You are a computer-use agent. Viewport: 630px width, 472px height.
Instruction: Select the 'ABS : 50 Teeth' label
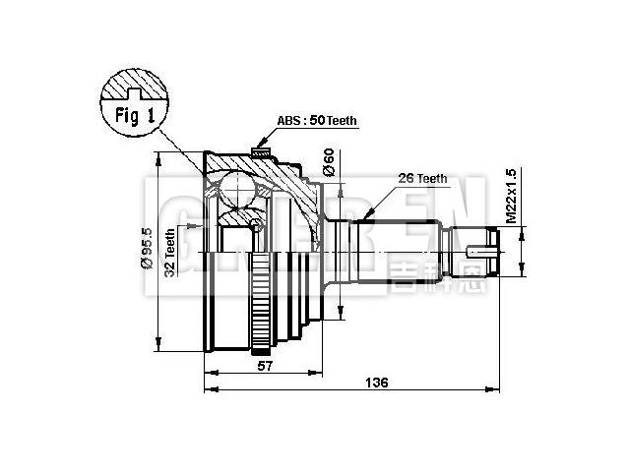316,121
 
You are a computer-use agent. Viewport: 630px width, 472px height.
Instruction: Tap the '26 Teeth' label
422,179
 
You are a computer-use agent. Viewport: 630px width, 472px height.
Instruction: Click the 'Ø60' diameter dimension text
330,162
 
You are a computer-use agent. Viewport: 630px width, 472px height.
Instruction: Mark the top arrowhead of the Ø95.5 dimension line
157,154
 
